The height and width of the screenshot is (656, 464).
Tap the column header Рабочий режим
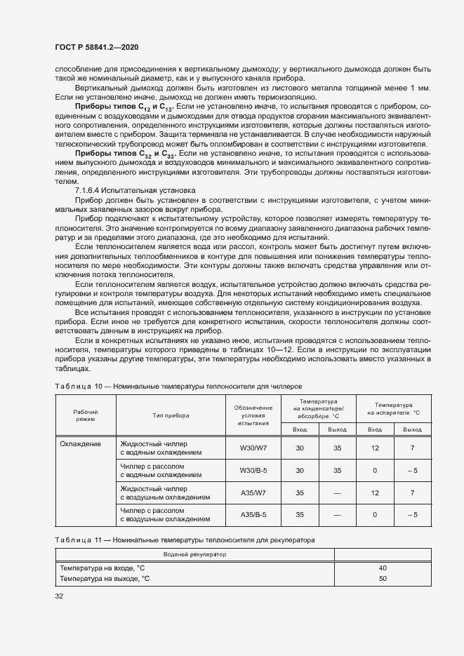[x=85, y=415]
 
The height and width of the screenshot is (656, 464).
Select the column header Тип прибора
[x=170, y=415]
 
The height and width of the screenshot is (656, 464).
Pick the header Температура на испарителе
[x=393, y=409]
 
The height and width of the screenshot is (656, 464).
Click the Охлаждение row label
[x=80, y=443]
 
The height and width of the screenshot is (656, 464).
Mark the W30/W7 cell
[x=253, y=448]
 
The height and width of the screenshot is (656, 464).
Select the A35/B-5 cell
[x=253, y=515]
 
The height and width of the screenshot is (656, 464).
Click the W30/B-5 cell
[x=253, y=470]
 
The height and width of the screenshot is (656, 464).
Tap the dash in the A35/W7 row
[x=338, y=493]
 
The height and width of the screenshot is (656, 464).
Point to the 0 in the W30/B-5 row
[x=375, y=470]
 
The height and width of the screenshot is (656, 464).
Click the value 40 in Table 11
[x=383, y=568]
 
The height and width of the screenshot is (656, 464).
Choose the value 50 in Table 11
[x=383, y=579]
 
